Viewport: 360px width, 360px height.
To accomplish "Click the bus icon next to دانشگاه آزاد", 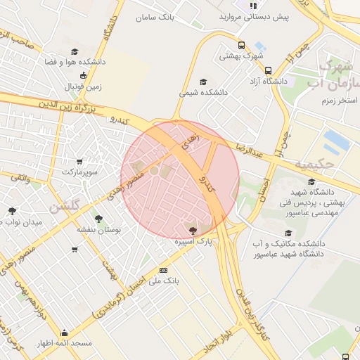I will [x=268, y=70].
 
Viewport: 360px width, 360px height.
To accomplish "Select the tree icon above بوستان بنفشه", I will [x=98, y=219].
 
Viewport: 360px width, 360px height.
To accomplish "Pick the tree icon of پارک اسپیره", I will [x=193, y=230].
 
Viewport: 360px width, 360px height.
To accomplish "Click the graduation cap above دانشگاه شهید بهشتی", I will [x=311, y=181].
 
